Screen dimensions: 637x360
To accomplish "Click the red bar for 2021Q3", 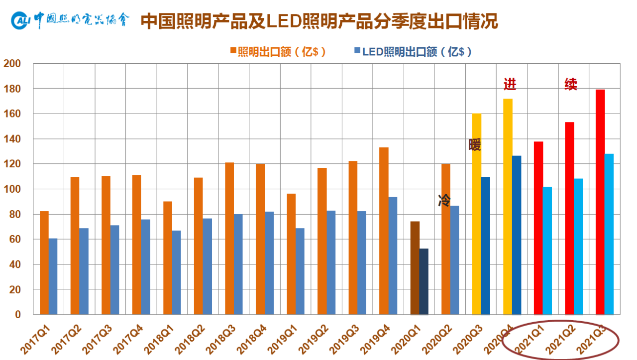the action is (600, 202).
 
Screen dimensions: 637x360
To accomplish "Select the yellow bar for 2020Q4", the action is (508, 207).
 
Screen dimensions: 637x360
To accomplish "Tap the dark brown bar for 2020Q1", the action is (415, 268).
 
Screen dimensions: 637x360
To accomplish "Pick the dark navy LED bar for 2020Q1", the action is (424, 282).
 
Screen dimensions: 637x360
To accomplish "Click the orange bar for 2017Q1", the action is (44, 263).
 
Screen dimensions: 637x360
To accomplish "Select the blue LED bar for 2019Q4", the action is (393, 256).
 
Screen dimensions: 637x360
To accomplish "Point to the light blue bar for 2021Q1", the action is (547, 251).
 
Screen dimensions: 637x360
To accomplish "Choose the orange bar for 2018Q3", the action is (229, 239).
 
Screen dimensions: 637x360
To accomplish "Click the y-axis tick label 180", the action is (12, 89).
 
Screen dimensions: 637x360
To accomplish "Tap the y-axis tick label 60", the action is (15, 240).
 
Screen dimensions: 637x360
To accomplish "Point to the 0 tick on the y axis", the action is (17, 315).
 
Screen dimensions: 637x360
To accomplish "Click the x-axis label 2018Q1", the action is (158, 340).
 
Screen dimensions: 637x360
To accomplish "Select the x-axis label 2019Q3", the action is (344, 340).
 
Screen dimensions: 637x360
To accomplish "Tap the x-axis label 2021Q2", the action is (560, 340).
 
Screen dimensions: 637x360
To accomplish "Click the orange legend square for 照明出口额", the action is (233, 50).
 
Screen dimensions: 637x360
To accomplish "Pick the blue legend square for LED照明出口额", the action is (357, 50).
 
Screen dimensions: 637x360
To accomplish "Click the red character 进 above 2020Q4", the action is (510, 84).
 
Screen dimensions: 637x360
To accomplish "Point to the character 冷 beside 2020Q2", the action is (444, 200).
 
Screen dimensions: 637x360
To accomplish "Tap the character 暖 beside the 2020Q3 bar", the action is (475, 144).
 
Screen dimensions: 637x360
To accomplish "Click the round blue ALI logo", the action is (20, 20).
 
